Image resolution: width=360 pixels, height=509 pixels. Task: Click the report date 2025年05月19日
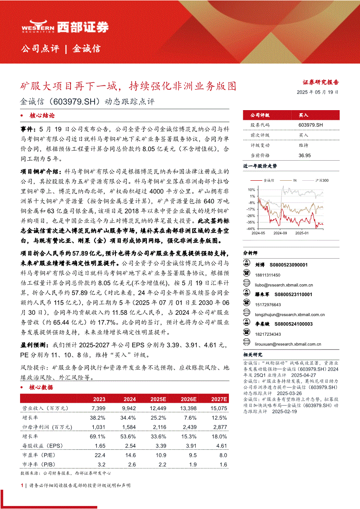coord(317,92)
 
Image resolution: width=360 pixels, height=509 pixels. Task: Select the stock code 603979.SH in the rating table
coord(311,125)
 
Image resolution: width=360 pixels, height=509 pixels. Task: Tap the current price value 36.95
coord(305,155)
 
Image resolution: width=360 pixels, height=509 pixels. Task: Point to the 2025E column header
coord(158,399)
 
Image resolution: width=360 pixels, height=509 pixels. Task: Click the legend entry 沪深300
coord(322,180)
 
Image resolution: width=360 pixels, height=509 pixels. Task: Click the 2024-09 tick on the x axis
coord(280,233)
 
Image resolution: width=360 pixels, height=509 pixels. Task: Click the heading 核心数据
coord(41,388)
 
